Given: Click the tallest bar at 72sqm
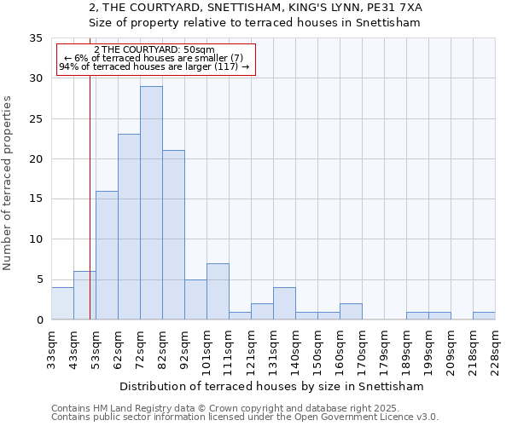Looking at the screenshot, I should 151,203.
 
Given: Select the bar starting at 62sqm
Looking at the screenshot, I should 129,227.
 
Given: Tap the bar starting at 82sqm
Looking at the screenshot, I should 173,235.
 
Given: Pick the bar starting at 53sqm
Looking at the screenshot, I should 107,256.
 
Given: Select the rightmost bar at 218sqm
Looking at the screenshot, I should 484,316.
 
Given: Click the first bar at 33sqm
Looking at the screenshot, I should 62,304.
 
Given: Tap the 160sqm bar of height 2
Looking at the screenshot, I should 351,312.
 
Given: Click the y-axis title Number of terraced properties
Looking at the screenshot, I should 8,183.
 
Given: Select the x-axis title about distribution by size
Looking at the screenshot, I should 273,386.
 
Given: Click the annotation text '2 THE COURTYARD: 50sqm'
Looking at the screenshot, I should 154,50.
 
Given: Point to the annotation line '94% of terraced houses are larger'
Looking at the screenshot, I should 154,66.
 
